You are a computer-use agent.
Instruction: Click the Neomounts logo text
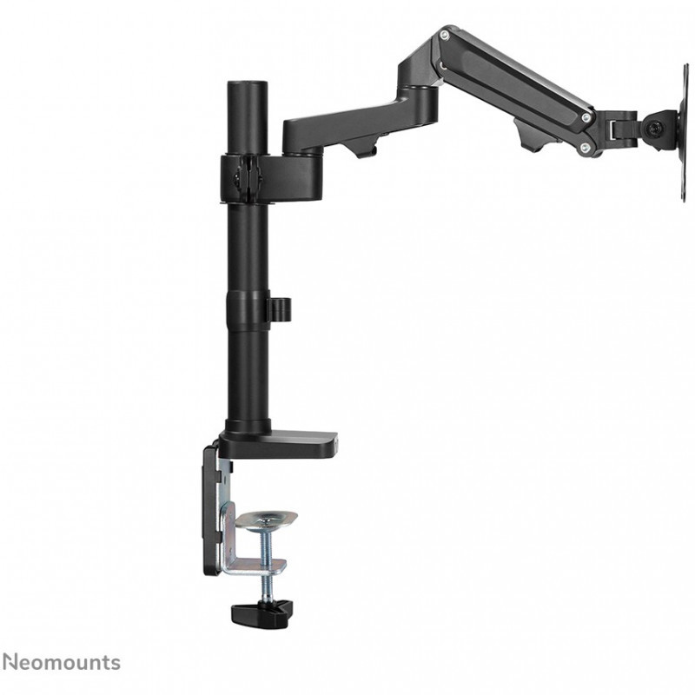tap(61, 663)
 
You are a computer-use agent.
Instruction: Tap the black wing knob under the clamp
tap(262, 612)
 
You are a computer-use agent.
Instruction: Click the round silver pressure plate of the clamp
tap(266, 519)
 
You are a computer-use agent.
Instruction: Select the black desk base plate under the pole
tap(278, 445)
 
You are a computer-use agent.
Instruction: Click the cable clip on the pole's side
tap(280, 309)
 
